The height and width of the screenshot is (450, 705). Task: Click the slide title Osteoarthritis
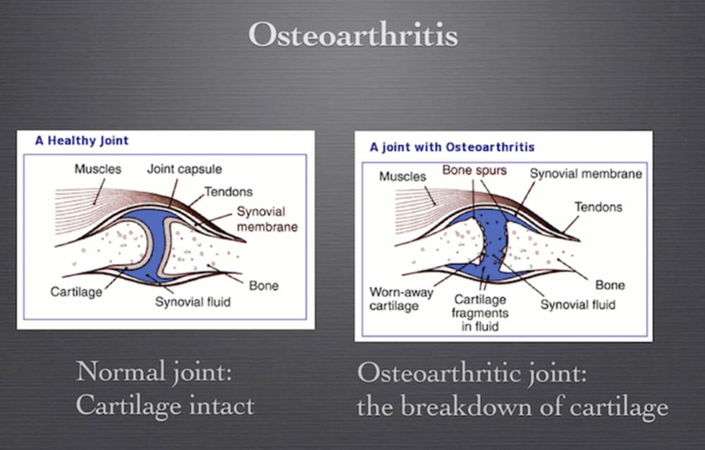pos(352,35)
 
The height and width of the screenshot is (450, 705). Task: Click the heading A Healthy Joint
pos(82,140)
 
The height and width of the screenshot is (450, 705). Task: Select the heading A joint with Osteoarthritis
pos(452,147)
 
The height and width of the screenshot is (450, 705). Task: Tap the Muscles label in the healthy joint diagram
pos(98,169)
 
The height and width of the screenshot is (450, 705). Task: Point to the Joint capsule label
pos(184,169)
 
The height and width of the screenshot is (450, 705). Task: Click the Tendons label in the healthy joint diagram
pos(228,191)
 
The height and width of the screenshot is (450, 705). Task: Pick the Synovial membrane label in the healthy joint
pos(266,219)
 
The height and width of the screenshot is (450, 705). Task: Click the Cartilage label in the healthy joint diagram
pos(76,291)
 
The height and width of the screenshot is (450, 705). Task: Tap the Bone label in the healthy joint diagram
pos(264,286)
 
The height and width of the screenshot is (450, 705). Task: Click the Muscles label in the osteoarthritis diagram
pos(403,176)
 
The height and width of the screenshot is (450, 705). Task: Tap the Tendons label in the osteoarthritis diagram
pos(599,207)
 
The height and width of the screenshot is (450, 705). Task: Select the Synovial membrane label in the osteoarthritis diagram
pos(586,174)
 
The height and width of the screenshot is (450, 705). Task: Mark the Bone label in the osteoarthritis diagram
pos(610,285)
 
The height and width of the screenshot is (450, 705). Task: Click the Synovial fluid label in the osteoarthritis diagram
pos(577,304)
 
